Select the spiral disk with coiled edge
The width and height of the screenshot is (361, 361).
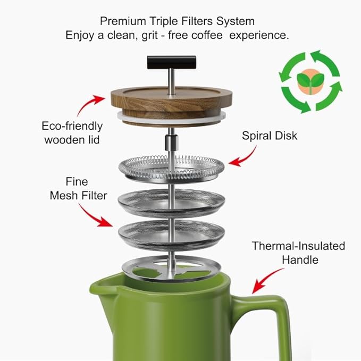pyautogui.click(x=170, y=169)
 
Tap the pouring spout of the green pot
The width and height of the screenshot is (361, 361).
pyautogui.click(x=101, y=287)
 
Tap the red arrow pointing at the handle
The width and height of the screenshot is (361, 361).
pyautogui.click(x=266, y=280)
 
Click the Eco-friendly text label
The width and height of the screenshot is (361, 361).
pyautogui.click(x=72, y=127)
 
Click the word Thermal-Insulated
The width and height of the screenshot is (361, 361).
pyautogui.click(x=298, y=246)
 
